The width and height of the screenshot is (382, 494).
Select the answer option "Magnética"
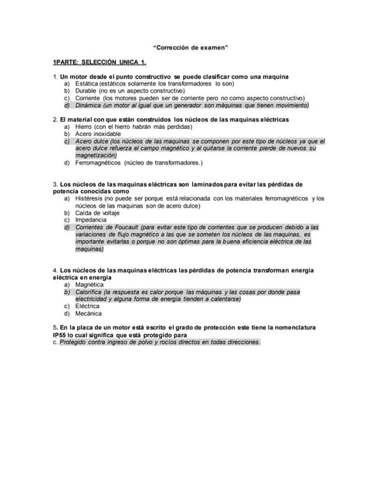(90, 285)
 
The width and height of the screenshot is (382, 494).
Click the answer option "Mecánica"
(90, 314)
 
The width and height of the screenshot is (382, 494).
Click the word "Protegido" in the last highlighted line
(73, 342)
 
